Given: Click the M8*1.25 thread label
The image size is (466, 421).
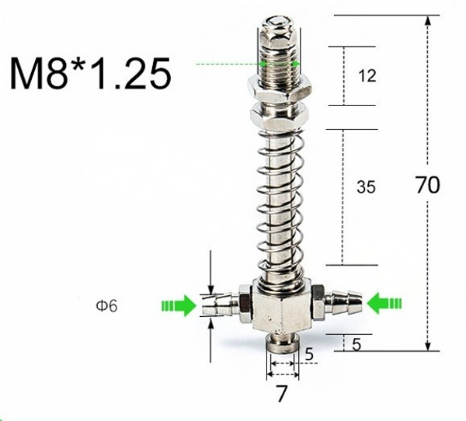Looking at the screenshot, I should click(x=90, y=73).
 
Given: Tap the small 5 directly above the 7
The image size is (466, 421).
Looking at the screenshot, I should click(x=308, y=355).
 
